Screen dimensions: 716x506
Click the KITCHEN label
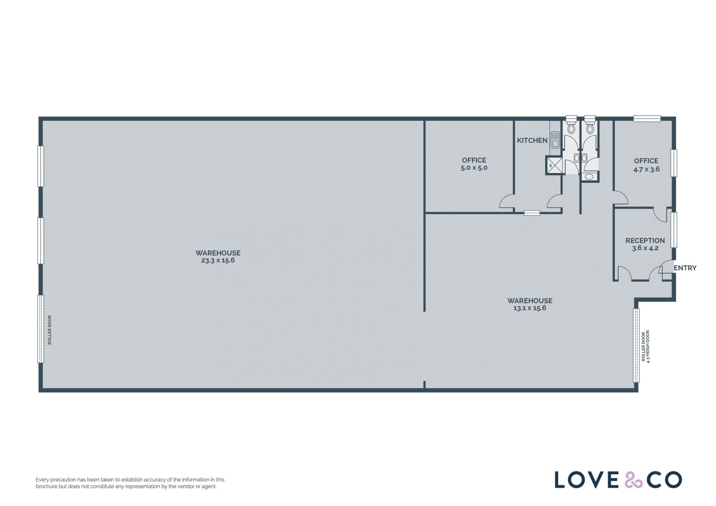click(532, 141)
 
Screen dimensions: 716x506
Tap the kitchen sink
click(555, 139)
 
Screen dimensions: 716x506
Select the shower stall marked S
click(555, 166)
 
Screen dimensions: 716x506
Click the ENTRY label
click(685, 268)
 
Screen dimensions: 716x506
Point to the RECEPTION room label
click(645, 241)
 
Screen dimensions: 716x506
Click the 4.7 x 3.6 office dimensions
click(646, 169)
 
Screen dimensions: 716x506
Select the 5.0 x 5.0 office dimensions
click(474, 168)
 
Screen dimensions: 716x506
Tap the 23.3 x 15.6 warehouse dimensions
click(218, 260)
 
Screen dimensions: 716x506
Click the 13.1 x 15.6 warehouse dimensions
click(530, 308)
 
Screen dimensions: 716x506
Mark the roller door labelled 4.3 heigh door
click(636, 345)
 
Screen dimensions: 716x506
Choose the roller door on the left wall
click(41, 329)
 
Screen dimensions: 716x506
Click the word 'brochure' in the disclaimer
click(46, 486)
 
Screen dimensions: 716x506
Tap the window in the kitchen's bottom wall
click(532, 213)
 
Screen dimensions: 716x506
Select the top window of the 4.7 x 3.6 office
click(647, 119)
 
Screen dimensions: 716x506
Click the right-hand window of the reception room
click(673, 230)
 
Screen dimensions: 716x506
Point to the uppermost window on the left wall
click(41, 166)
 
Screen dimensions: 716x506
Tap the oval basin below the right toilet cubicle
click(589, 176)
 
